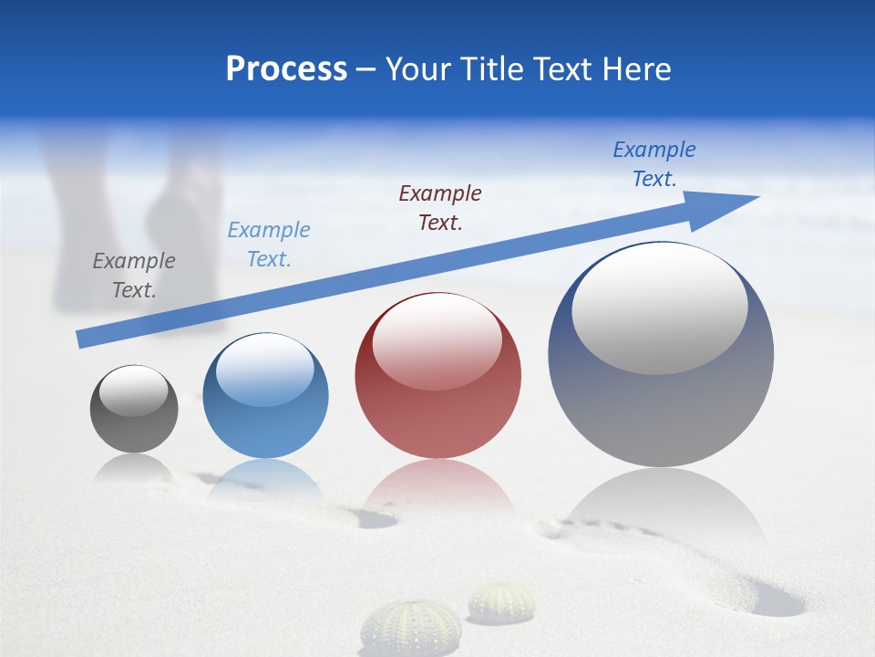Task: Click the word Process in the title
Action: (x=286, y=69)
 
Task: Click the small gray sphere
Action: (x=134, y=409)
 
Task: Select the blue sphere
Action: (x=265, y=396)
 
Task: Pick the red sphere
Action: (x=437, y=376)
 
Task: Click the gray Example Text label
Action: (x=133, y=276)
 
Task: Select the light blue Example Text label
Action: (x=268, y=245)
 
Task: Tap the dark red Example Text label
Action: (x=440, y=207)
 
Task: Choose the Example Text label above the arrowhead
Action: (x=654, y=163)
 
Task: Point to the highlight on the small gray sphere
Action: (x=133, y=391)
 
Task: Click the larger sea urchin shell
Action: (x=410, y=628)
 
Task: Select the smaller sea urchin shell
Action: (x=502, y=602)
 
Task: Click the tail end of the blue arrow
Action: (x=84, y=339)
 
